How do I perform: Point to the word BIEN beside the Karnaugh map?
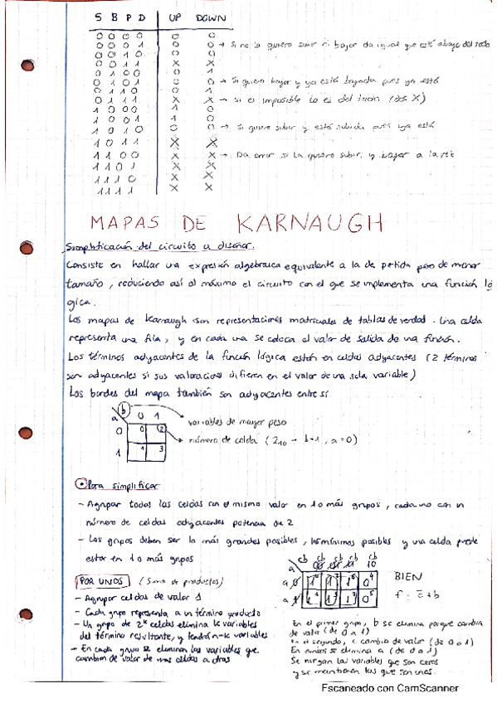[409, 575]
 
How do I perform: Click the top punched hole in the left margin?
[28, 64]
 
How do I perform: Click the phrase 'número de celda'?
[218, 440]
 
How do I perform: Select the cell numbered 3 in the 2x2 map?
[161, 449]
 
